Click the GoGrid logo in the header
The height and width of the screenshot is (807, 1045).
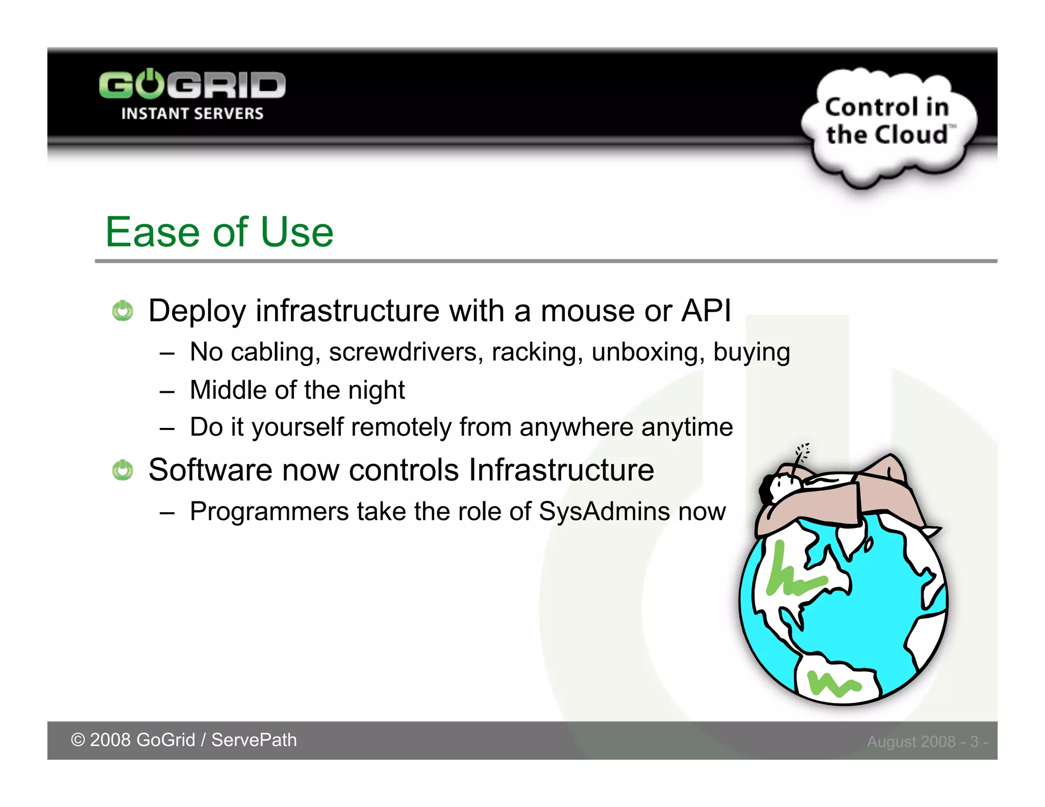192,85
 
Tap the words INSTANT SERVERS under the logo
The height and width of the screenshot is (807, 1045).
192,113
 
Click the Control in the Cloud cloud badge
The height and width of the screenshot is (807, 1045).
888,122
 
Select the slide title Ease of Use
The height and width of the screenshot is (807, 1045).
219,232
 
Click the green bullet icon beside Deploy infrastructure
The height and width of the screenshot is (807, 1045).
122,311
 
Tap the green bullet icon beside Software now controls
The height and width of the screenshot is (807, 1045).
122,470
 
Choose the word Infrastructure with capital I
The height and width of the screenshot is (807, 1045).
561,470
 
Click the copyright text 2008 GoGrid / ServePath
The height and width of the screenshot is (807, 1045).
184,740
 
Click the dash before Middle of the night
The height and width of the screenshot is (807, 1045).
167,391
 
